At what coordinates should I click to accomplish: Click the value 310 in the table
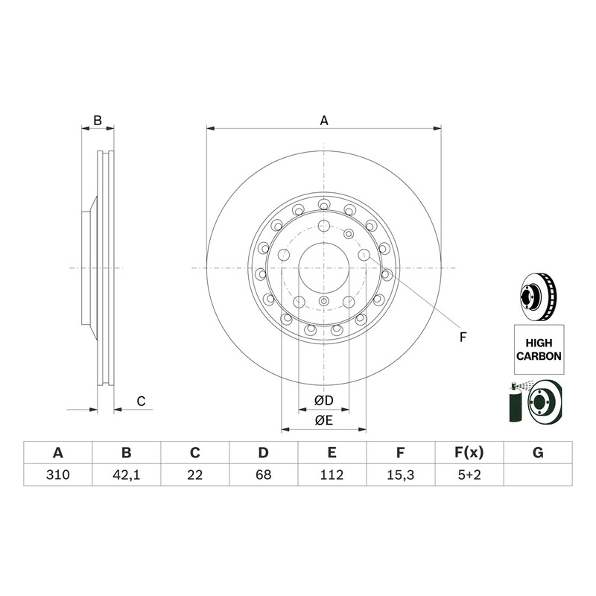click(x=58, y=475)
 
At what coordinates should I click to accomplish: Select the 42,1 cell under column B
click(x=126, y=475)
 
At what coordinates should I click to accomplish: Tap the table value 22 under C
click(x=194, y=475)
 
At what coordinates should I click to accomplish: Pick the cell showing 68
click(x=264, y=475)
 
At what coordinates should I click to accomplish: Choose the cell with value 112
click(x=332, y=475)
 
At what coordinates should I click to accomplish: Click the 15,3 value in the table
click(x=400, y=475)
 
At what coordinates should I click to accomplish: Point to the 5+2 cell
click(x=469, y=475)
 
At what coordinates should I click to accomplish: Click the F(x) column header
click(x=469, y=453)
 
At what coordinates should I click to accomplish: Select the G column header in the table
click(x=538, y=453)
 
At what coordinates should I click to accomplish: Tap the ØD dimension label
click(x=324, y=400)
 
